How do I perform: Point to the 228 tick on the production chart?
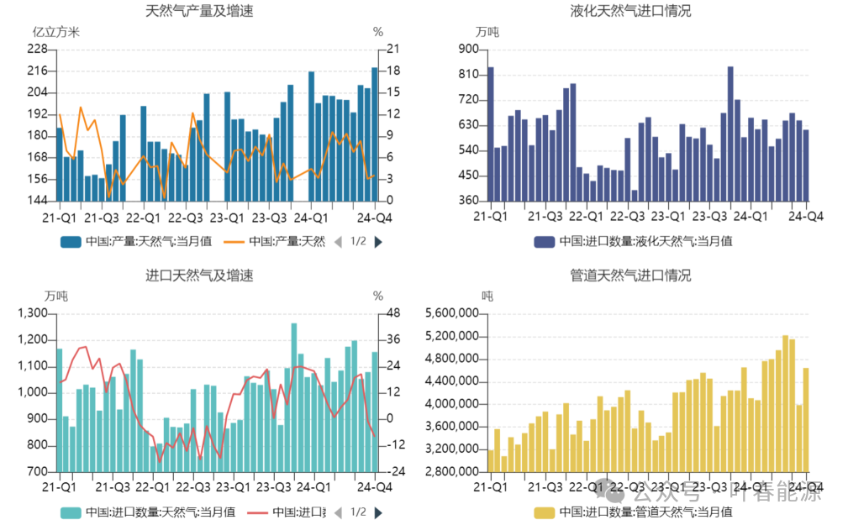[x=37, y=49]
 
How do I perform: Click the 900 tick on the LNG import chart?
[x=467, y=49]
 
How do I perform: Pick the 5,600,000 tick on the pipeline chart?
[x=450, y=313]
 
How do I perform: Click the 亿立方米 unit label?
[x=55, y=32]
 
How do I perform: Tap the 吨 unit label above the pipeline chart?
[x=487, y=296]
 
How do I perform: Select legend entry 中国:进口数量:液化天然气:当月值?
[x=634, y=242]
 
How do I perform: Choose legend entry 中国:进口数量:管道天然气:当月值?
[x=634, y=512]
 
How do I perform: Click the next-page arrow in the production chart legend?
[x=378, y=242]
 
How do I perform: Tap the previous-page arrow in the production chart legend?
[x=338, y=242]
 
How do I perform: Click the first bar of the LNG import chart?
[x=491, y=134]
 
